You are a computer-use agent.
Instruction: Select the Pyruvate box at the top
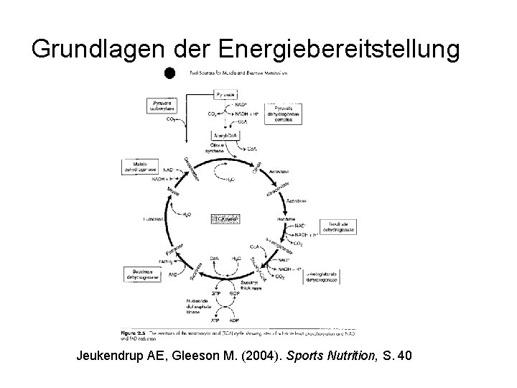(226, 94)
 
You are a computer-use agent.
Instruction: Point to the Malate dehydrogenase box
(141, 168)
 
